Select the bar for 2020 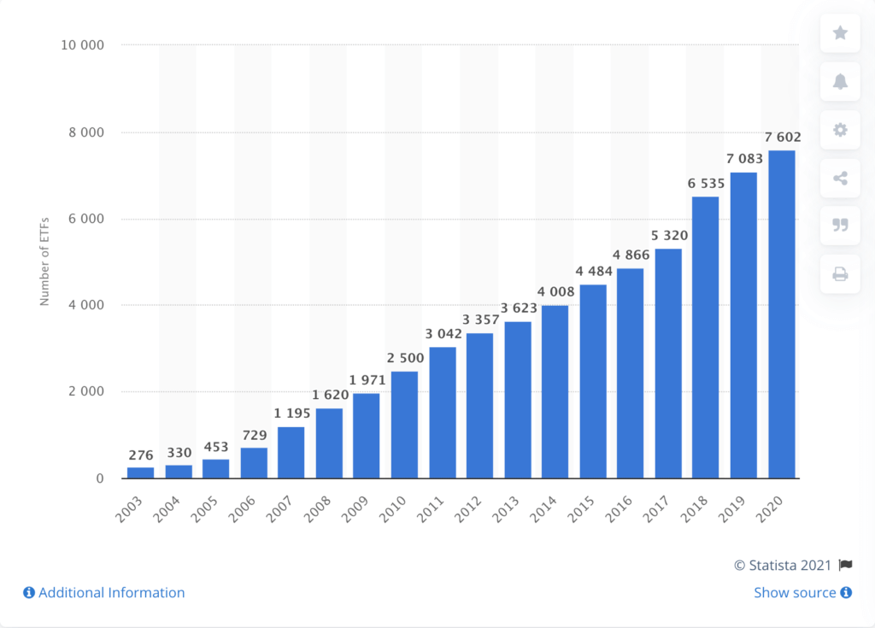pyautogui.click(x=781, y=314)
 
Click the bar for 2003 pyautogui.click(x=141, y=472)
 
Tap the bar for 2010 pyautogui.click(x=404, y=424)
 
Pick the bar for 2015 pyautogui.click(x=593, y=381)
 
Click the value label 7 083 pyautogui.click(x=743, y=159)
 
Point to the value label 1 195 pyautogui.click(x=291, y=414)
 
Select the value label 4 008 pyautogui.click(x=555, y=292)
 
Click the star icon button pyautogui.click(x=840, y=33)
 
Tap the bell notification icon pyautogui.click(x=840, y=82)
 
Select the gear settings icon pyautogui.click(x=840, y=130)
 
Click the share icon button pyautogui.click(x=840, y=179)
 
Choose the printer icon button pyautogui.click(x=840, y=274)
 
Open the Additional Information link pyautogui.click(x=103, y=592)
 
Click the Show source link pyautogui.click(x=802, y=592)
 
